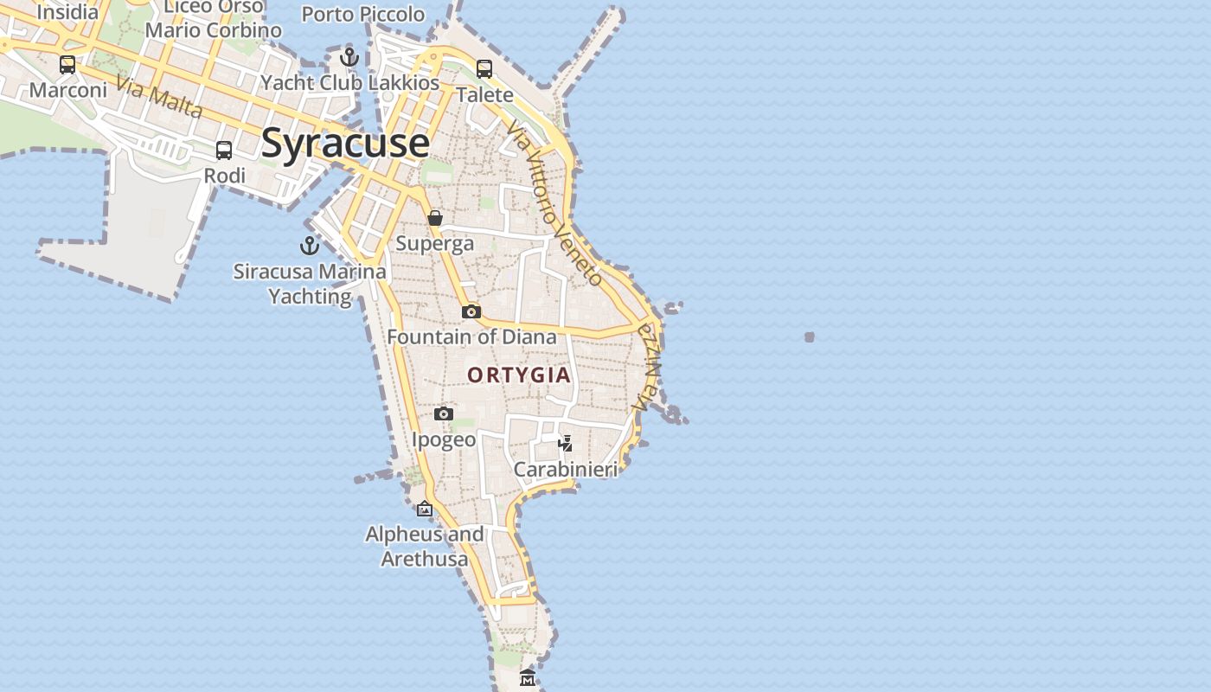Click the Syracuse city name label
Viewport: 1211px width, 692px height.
click(x=345, y=143)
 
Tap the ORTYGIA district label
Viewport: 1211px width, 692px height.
click(x=519, y=375)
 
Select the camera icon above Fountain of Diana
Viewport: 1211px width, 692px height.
click(x=471, y=311)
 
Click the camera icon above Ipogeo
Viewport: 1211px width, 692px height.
click(x=444, y=414)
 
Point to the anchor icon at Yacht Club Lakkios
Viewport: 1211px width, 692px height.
click(x=349, y=58)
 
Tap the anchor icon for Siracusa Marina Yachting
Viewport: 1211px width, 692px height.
click(x=310, y=247)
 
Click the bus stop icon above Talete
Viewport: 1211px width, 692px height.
click(x=484, y=69)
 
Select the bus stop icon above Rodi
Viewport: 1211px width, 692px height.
click(x=224, y=151)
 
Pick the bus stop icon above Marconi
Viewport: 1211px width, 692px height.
click(x=67, y=65)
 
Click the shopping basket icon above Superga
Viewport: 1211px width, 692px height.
click(x=435, y=218)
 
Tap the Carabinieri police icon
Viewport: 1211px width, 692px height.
click(x=566, y=444)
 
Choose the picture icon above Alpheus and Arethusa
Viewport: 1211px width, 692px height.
click(x=424, y=509)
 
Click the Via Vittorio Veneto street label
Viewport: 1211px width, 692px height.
click(x=554, y=203)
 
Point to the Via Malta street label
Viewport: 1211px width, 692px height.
click(x=159, y=99)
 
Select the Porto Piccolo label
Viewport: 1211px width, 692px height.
click(x=363, y=15)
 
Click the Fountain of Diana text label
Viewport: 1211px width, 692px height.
click(x=471, y=336)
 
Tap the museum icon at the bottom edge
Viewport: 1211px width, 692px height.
click(x=528, y=677)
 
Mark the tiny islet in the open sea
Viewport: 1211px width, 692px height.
click(x=810, y=336)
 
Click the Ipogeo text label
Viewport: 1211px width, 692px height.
click(x=444, y=439)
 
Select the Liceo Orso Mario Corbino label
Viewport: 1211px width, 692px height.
click(x=214, y=18)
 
